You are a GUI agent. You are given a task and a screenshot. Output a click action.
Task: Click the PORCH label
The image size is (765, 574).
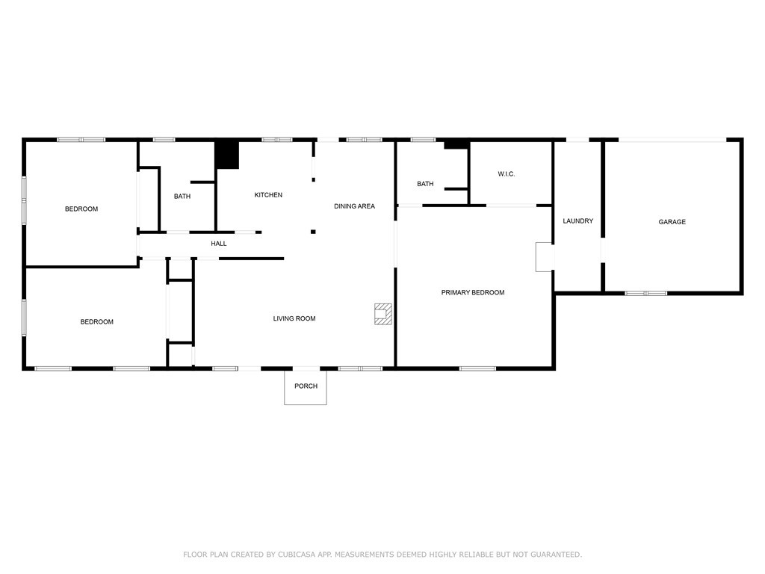click(306, 386)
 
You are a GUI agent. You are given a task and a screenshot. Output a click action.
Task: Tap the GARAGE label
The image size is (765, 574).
click(672, 222)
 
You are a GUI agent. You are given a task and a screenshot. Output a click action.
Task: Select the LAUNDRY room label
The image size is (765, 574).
click(577, 221)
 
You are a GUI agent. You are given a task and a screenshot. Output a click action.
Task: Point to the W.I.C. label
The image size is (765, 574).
click(507, 174)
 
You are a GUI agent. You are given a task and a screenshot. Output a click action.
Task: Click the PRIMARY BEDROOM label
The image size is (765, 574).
click(472, 293)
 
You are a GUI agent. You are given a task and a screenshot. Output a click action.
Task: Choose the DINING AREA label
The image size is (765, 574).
click(354, 206)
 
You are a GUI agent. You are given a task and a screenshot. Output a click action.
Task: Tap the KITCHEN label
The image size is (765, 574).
click(268, 195)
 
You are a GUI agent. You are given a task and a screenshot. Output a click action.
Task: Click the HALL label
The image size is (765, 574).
click(219, 244)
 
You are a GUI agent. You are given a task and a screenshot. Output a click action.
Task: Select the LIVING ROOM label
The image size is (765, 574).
click(294, 319)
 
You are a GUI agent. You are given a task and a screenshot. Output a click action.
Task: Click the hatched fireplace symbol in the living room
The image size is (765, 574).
click(383, 314)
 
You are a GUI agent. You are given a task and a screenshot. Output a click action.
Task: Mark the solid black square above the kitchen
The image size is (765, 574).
click(226, 155)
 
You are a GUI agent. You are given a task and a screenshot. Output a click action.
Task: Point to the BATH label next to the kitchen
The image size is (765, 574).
click(182, 197)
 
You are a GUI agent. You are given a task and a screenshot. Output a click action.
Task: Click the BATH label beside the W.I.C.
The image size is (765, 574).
click(425, 184)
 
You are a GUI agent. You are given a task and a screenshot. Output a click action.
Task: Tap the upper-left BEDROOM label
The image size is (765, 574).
click(81, 209)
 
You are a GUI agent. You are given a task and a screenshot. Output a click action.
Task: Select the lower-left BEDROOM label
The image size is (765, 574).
click(97, 322)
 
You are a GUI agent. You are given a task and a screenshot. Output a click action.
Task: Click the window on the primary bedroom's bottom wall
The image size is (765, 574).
click(477, 368)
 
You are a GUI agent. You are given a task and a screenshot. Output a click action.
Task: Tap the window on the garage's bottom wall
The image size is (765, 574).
click(645, 293)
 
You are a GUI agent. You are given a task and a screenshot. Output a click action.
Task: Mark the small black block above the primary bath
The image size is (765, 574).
click(456, 144)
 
